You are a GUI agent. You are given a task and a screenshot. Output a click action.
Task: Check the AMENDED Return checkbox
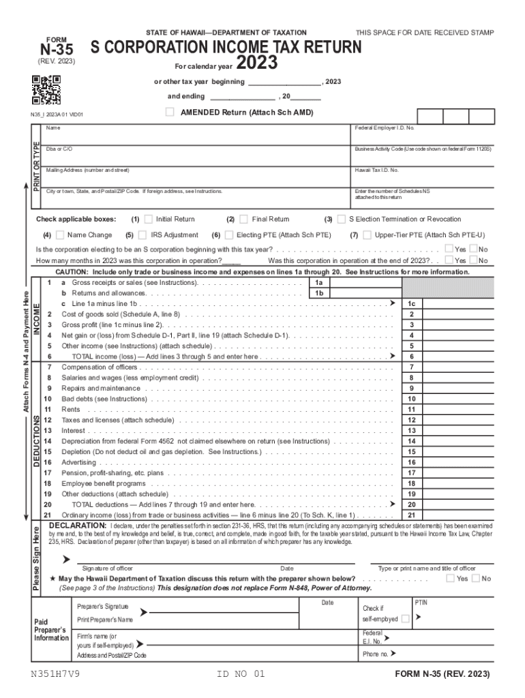pos(170,112)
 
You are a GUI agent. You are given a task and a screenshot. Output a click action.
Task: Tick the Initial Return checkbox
pos(148,219)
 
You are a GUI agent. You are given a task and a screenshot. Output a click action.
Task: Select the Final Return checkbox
pos(243,219)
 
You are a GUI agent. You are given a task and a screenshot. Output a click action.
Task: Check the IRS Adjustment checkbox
pos(143,235)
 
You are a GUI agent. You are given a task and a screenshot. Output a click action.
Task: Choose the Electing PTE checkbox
pos(228,235)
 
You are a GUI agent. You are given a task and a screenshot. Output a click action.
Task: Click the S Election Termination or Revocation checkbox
pos(341,219)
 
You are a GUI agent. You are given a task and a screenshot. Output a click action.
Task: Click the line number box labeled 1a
pos(318,282)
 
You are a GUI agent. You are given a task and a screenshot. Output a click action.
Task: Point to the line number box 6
pos(412,356)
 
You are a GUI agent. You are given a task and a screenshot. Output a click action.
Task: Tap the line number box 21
pos(412,515)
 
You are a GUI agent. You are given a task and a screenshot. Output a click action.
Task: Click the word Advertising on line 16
pos(79,462)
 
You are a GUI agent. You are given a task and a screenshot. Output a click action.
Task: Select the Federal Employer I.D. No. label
pos(385,128)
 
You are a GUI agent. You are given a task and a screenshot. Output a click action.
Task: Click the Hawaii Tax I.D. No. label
pos(376,170)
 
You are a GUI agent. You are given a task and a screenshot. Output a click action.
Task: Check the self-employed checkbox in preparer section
pos(406,619)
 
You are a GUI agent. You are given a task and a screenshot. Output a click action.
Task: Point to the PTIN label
pos(421,603)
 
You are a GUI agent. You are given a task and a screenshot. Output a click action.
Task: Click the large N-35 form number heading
pos(56,49)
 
